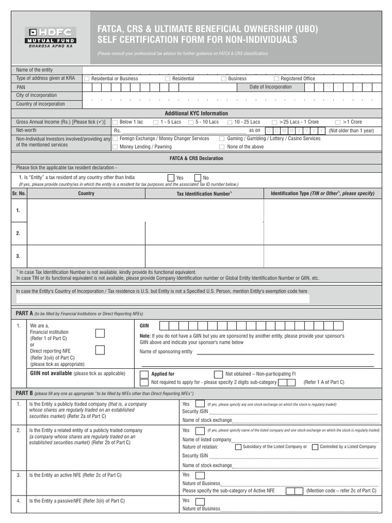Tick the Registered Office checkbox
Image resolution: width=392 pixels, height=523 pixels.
[276, 79]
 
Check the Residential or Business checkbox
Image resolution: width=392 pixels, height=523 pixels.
[87, 79]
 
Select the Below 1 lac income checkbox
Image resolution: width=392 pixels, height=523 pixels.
[115, 123]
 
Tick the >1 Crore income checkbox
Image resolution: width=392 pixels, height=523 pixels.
[338, 123]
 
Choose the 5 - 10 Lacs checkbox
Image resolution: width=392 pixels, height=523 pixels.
[190, 123]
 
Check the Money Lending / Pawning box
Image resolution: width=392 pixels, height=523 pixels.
[115, 147]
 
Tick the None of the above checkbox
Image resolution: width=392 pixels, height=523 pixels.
[222, 147]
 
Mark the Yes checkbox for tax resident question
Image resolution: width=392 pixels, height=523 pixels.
[171, 178]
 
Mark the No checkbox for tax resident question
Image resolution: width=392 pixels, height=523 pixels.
[199, 178]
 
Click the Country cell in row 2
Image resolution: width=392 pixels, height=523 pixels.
[86, 233]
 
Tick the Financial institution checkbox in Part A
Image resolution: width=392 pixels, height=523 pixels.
[101, 334]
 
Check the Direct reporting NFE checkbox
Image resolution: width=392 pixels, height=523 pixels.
[101, 350]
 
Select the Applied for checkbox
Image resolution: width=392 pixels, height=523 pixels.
[144, 374]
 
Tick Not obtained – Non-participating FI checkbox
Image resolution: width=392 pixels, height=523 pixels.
[218, 374]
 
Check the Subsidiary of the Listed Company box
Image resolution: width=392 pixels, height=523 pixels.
[238, 447]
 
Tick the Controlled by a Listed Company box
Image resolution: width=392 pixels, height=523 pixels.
[315, 447]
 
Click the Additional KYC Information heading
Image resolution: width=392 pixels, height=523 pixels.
[196, 113]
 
